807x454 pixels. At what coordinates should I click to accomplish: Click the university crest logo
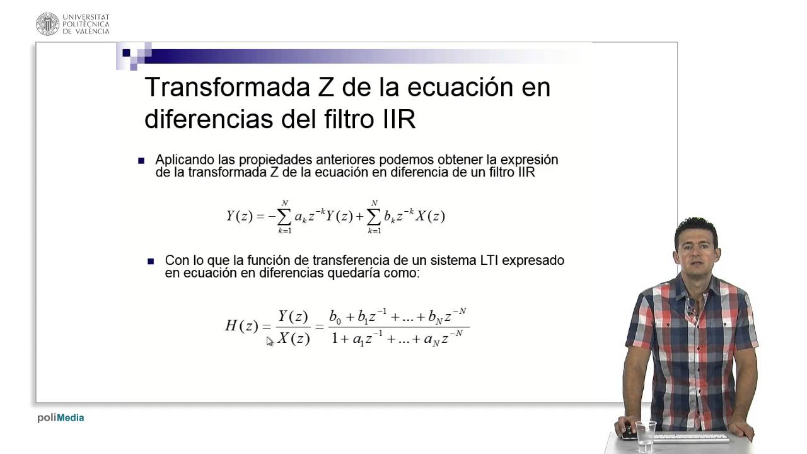47,24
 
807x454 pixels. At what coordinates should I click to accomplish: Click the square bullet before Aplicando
141,161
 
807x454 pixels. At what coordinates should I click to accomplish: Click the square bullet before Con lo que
151,260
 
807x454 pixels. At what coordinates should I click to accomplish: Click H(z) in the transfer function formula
241,326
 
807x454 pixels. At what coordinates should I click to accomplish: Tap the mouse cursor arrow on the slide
270,341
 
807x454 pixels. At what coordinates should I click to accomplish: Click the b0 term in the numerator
335,317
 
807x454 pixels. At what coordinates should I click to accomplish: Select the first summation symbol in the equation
284,216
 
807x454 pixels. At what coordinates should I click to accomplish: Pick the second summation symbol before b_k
374,216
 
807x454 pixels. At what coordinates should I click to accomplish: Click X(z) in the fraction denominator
293,339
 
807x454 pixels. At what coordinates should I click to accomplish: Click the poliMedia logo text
61,417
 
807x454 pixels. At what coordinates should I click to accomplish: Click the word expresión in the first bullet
527,160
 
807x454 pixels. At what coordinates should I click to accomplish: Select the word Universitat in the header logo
86,18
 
